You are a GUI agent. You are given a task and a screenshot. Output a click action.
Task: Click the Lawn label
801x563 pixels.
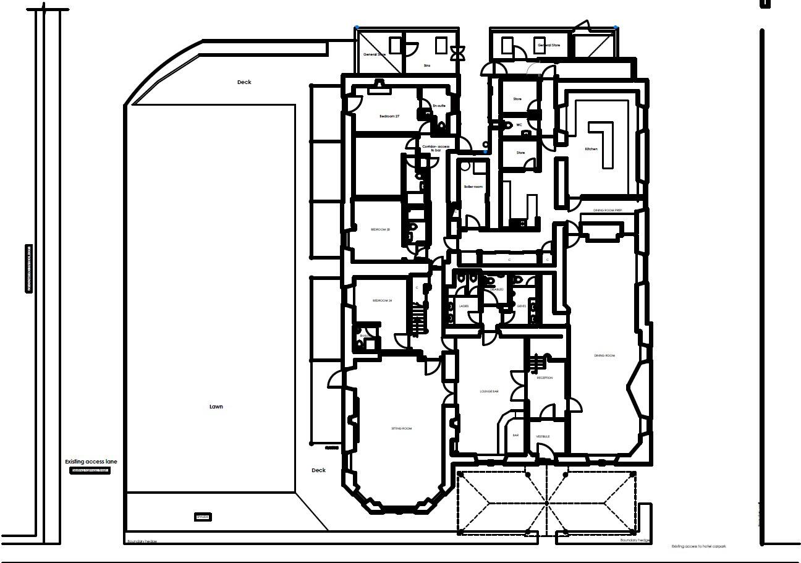tap(216, 407)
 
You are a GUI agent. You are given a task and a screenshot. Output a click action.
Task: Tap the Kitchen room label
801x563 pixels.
tap(591, 149)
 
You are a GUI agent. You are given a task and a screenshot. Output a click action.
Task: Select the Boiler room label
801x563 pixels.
tap(473, 187)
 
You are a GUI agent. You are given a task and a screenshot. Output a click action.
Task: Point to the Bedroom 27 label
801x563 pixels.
tap(389, 116)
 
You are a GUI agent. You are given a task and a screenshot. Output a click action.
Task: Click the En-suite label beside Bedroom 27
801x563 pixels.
tap(439, 106)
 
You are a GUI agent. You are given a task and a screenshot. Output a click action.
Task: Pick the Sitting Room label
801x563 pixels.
tap(401, 428)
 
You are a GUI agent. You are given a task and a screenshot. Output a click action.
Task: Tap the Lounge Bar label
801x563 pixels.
tap(489, 391)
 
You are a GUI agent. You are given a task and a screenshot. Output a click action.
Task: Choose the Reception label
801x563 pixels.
tap(545, 378)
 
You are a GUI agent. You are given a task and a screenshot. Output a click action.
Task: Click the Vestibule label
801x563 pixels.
tap(543, 436)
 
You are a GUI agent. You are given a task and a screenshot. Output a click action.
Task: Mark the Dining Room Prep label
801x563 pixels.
tap(608, 211)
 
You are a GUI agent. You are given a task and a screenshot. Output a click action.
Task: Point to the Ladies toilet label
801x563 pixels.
tap(464, 306)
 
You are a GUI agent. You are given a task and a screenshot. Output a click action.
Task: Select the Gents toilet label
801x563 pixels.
tap(521, 306)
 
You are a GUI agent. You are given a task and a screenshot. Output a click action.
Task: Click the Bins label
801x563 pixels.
tap(426, 65)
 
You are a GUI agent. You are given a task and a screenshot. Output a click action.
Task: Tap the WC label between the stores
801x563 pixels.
tap(519, 125)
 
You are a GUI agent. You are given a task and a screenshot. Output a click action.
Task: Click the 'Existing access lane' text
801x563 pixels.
tap(91, 462)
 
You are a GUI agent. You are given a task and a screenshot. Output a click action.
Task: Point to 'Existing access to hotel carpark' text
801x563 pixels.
tap(698, 546)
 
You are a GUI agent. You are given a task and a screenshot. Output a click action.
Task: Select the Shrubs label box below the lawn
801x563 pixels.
tap(203, 517)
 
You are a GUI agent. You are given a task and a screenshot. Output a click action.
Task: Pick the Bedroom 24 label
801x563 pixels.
tap(382, 300)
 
